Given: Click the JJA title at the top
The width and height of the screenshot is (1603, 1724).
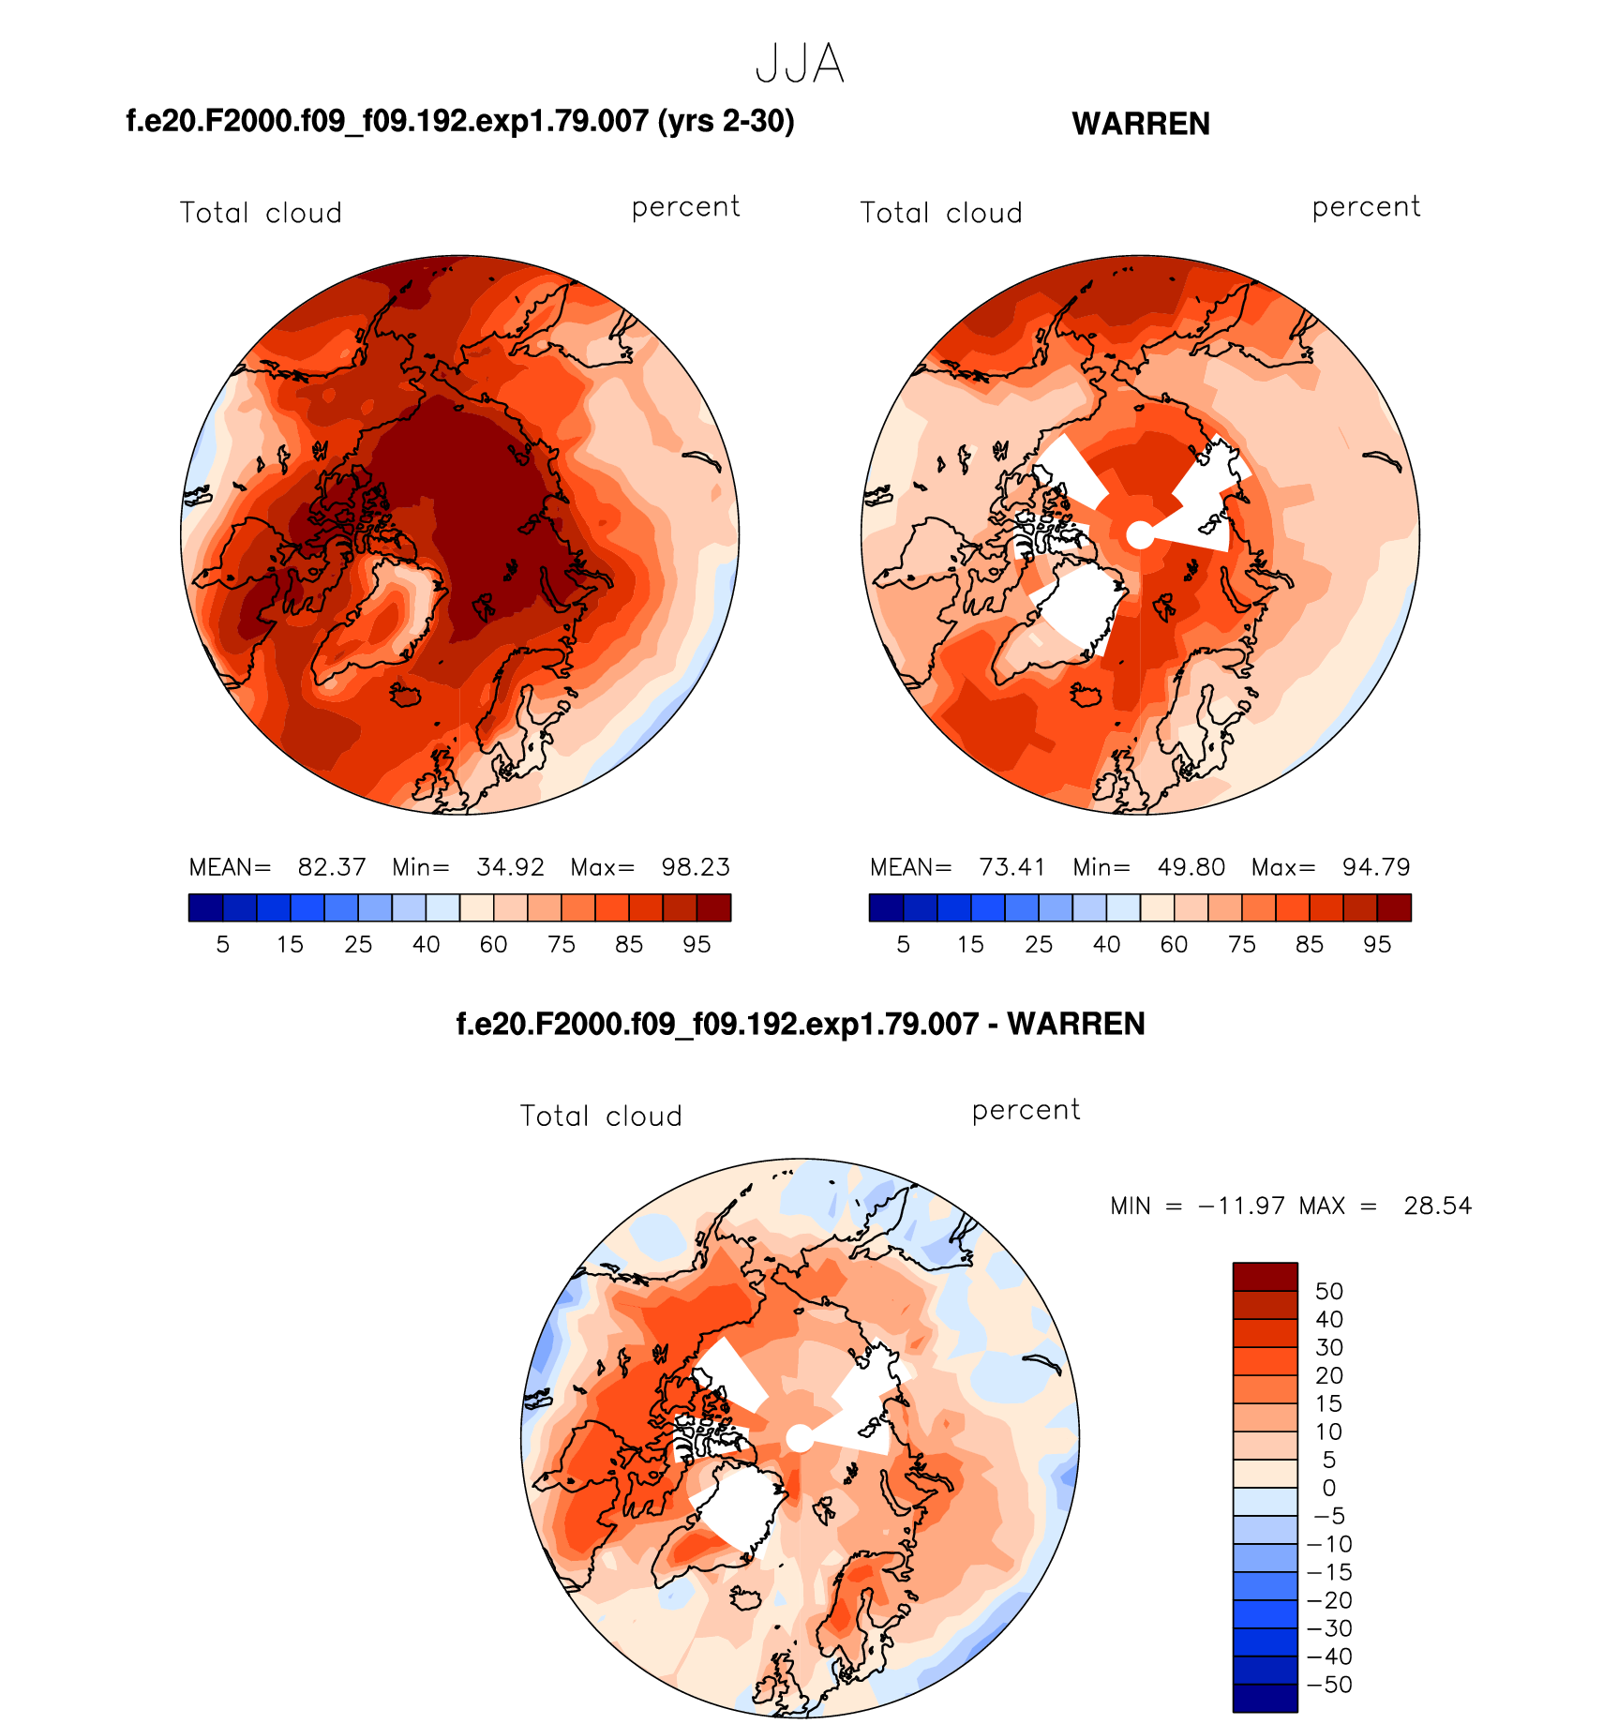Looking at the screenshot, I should click(x=800, y=64).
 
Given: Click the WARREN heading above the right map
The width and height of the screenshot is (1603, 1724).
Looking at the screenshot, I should click(x=1140, y=124).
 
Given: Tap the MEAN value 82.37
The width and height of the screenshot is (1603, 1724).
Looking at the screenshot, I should click(x=332, y=867).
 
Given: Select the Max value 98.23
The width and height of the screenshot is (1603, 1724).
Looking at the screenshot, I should click(x=696, y=867).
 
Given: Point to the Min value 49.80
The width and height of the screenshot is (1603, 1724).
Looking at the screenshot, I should click(x=1191, y=867).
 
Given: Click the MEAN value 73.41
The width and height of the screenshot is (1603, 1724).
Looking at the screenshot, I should click(x=1012, y=867).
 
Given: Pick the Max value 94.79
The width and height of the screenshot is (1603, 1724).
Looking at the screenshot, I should click(x=1376, y=867).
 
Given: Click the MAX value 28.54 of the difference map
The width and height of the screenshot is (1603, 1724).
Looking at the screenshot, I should click(x=1437, y=1206).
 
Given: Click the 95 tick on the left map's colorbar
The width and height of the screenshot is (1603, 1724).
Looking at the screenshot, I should click(x=697, y=944).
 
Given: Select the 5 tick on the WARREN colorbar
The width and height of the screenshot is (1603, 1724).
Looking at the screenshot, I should click(x=903, y=944).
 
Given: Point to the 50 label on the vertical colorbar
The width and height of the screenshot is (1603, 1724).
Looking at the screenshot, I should click(x=1328, y=1291).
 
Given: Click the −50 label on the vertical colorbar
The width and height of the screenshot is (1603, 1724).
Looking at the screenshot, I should click(x=1328, y=1685).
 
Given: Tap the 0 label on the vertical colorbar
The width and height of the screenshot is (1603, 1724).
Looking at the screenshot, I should click(x=1328, y=1488).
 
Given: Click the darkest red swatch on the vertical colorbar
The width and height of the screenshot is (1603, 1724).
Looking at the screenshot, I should click(x=1265, y=1277).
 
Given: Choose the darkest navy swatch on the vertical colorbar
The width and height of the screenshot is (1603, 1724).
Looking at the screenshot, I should click(x=1265, y=1699).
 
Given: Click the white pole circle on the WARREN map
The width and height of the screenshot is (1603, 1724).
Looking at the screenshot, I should click(x=1139, y=535).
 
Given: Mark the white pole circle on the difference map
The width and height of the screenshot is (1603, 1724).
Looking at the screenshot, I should click(x=799, y=1438).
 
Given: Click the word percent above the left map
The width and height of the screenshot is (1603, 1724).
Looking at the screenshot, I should click(x=685, y=207).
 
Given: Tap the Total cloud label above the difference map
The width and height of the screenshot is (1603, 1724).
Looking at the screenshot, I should click(x=601, y=1116).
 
